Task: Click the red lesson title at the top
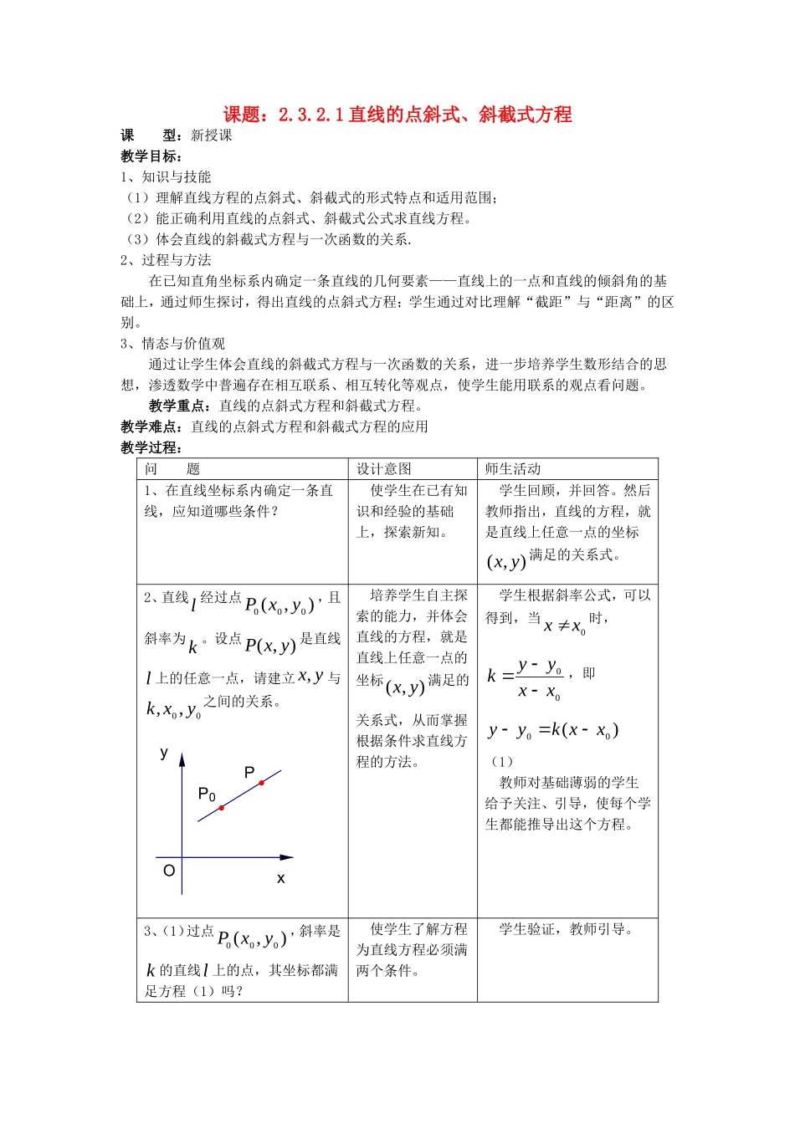[397, 115]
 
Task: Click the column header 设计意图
[384, 469]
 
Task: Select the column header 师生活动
[513, 469]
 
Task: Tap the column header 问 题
[172, 469]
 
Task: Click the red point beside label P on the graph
[261, 783]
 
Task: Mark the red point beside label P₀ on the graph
[222, 808]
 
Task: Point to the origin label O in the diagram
[169, 871]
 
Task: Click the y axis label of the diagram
[164, 754]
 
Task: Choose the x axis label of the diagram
[280, 878]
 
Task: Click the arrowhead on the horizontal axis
[287, 857]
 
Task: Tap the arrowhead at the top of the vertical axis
[182, 759]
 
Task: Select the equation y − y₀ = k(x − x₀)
[553, 731]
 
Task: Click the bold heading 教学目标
[151, 156]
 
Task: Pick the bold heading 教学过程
[151, 447]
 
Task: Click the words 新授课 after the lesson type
[211, 135]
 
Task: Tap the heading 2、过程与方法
[166, 260]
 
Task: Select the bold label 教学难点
[151, 427]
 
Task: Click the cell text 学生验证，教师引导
[567, 929]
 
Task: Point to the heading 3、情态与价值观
[172, 344]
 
